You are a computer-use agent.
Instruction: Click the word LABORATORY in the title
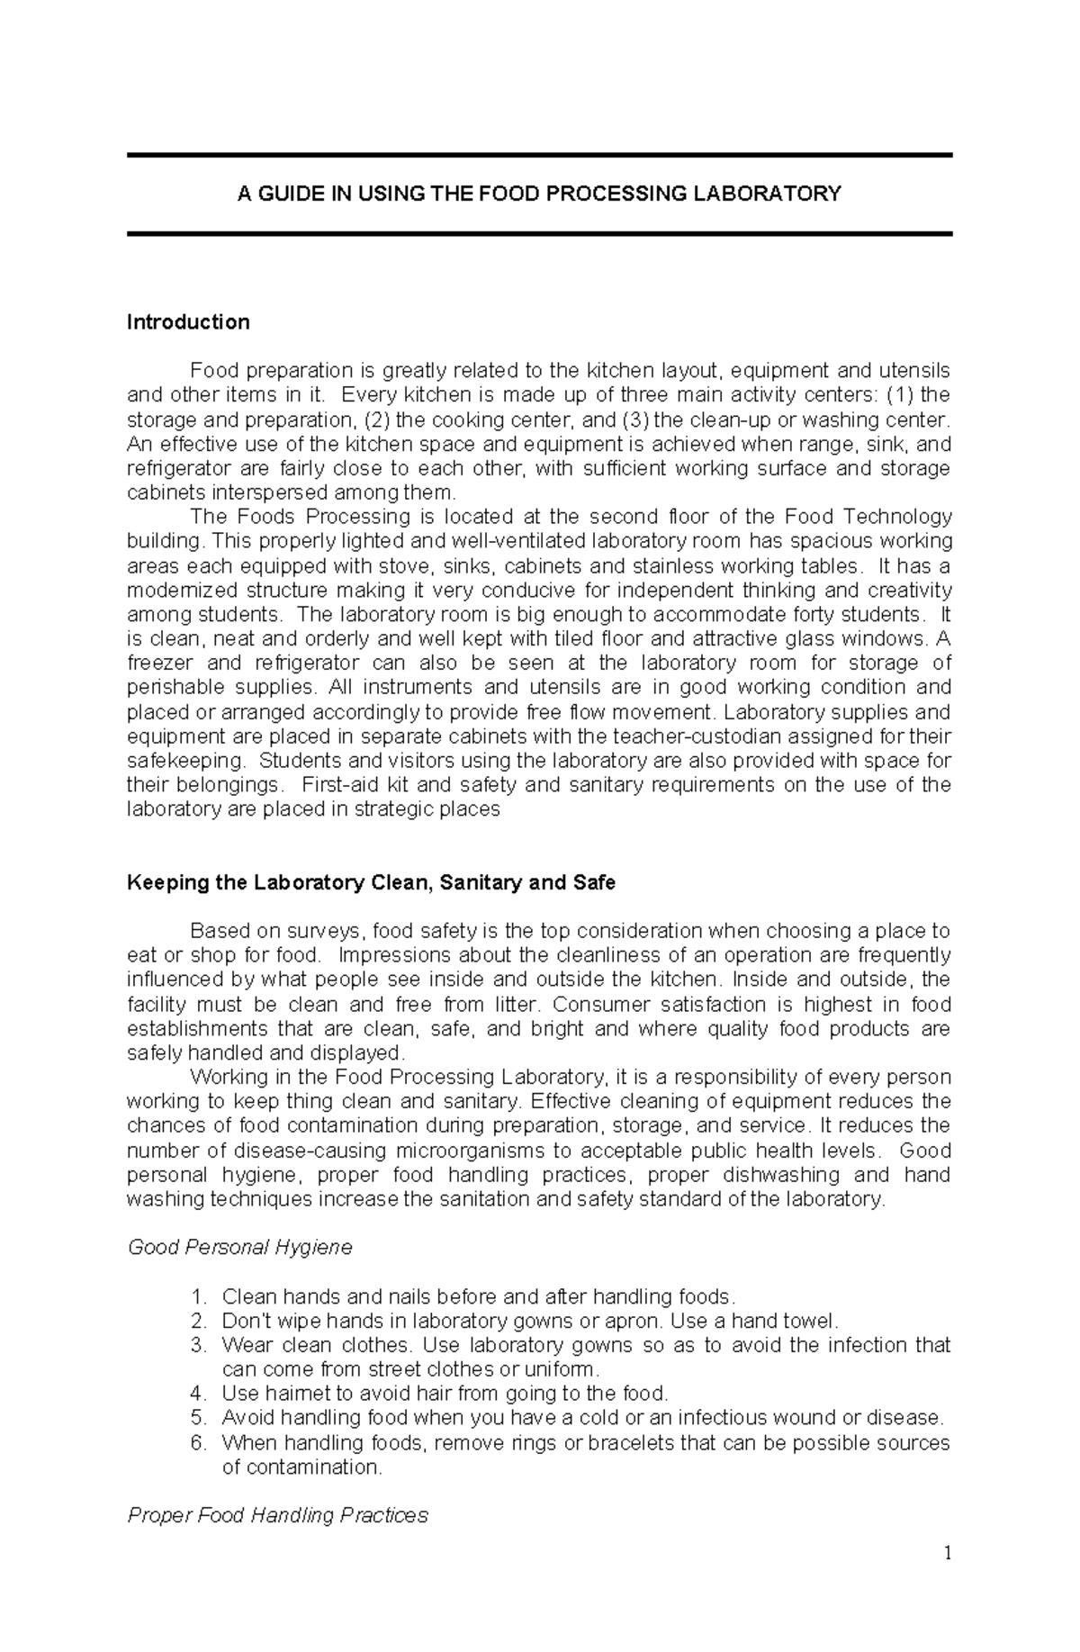[775, 194]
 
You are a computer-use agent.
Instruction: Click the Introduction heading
[188, 321]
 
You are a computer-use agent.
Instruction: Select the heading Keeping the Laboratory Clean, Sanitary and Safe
[371, 882]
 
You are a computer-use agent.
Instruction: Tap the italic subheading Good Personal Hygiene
[239, 1247]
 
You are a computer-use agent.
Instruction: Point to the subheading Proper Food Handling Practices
[277, 1515]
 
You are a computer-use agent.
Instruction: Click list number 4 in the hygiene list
[199, 1394]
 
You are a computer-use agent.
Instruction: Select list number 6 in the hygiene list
[199, 1442]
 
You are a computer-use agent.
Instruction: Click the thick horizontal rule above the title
[539, 156]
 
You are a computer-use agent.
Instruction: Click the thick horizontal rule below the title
[539, 233]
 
